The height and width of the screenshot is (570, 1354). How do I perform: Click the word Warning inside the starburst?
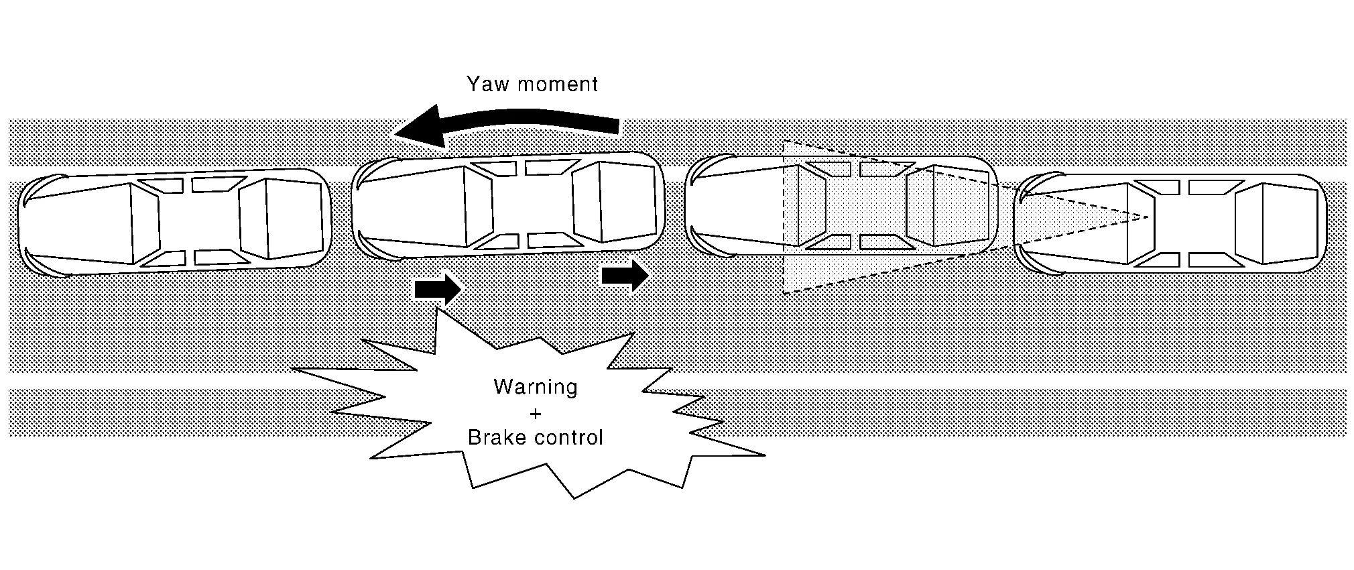[x=535, y=387]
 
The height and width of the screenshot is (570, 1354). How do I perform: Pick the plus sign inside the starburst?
[x=535, y=413]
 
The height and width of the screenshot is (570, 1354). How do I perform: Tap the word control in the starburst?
[x=570, y=438]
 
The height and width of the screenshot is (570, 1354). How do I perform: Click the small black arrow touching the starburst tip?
[x=438, y=289]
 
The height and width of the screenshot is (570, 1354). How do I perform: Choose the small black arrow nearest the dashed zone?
[x=625, y=275]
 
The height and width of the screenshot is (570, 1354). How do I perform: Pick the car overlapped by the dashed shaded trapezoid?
[x=841, y=205]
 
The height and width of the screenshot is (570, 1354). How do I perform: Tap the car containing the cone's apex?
[x=1170, y=223]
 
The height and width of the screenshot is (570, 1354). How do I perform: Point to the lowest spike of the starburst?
[x=574, y=497]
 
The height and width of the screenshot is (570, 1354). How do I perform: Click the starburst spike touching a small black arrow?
[x=438, y=310]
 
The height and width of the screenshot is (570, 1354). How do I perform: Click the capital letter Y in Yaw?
[x=473, y=84]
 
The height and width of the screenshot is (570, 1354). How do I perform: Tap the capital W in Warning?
[x=502, y=387]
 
